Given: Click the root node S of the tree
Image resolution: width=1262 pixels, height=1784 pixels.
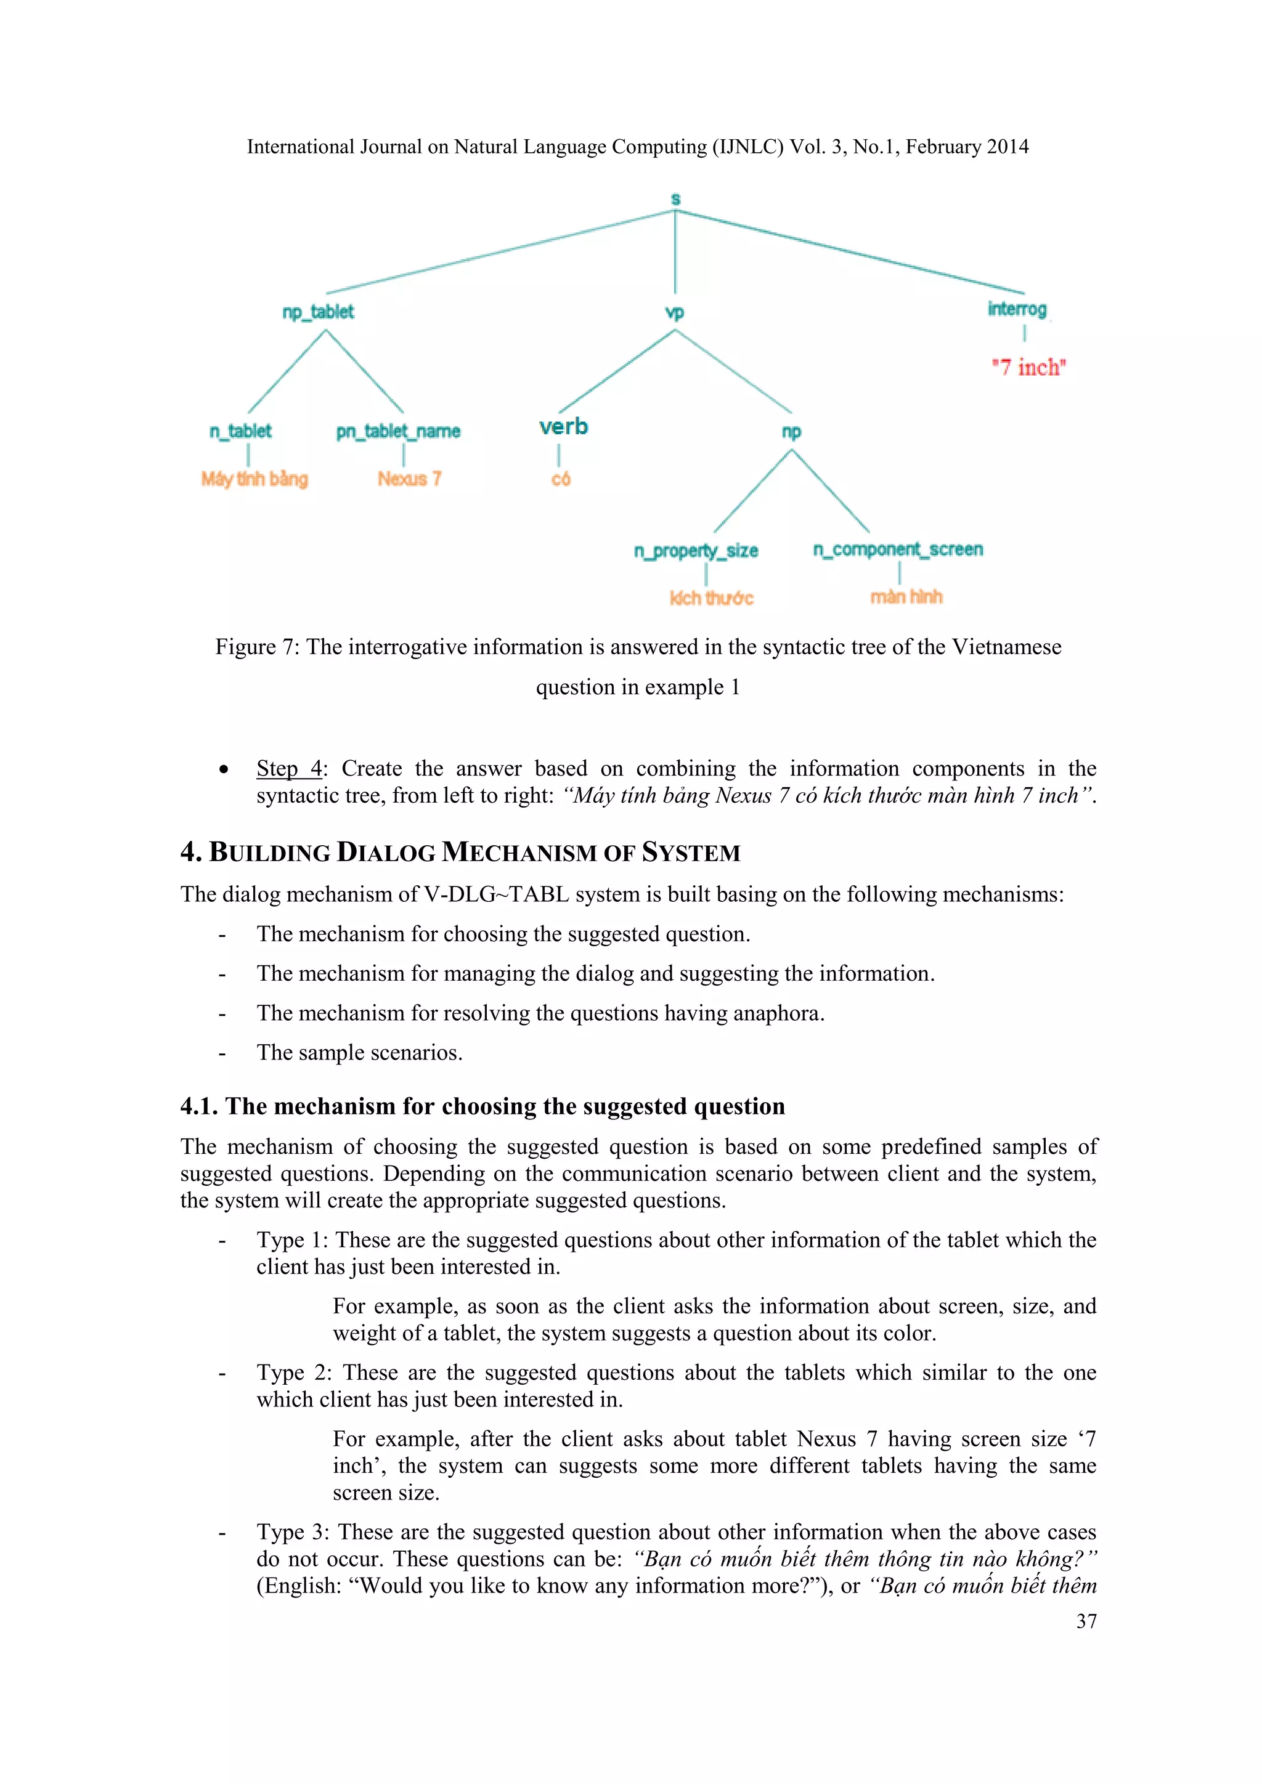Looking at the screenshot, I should coord(675,199).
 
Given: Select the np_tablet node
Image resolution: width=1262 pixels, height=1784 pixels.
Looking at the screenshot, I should coord(318,312).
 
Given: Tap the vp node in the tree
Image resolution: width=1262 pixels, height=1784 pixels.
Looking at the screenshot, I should coord(675,312).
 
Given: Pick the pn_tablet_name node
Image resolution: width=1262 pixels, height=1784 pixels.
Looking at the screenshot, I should coord(398,431).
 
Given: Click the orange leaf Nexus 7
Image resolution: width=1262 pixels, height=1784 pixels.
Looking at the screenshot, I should coord(409,479).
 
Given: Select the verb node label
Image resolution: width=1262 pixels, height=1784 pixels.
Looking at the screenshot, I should coord(563,426).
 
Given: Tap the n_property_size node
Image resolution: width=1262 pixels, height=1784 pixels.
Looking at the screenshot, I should coord(696,551).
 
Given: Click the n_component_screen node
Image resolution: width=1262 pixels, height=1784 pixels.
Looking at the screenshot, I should coord(898,549).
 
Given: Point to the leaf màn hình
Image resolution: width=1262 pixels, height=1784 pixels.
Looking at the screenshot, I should coord(905,597).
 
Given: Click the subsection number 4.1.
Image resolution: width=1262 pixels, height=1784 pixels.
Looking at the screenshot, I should coord(198,1106).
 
